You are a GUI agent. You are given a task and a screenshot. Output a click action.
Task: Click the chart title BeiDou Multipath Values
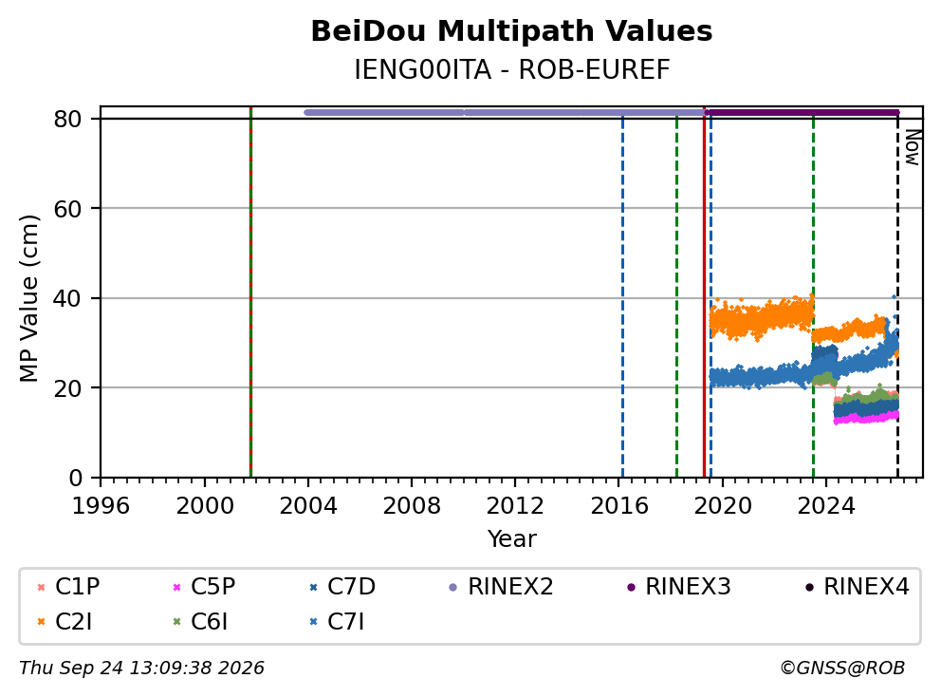click(511, 31)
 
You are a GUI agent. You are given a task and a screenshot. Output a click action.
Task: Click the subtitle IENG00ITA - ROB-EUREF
click(511, 69)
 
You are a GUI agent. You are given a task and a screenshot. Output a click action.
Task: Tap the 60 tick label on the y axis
click(67, 209)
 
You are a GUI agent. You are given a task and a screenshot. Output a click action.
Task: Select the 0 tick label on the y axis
click(76, 478)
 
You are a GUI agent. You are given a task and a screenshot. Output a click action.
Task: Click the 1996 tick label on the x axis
click(101, 506)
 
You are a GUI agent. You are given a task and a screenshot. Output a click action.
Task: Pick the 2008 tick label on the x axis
click(412, 506)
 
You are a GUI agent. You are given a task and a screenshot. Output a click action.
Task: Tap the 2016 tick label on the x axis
click(619, 506)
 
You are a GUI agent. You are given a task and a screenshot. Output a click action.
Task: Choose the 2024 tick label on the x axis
click(826, 506)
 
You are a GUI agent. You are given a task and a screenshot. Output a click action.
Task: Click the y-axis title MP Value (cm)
click(28, 298)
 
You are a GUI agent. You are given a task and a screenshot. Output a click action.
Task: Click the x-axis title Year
click(511, 539)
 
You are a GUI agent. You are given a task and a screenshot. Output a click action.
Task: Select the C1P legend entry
click(68, 587)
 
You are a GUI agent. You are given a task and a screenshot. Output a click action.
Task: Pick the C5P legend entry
click(204, 587)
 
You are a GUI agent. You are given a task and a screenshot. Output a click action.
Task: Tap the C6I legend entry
click(200, 622)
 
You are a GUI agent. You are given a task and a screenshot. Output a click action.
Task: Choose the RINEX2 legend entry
click(501, 587)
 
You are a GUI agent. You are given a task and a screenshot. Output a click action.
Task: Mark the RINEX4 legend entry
click(857, 587)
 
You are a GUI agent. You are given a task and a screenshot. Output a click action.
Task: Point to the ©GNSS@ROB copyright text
click(842, 669)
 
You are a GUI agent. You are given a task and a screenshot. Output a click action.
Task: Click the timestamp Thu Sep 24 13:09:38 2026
click(141, 669)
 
